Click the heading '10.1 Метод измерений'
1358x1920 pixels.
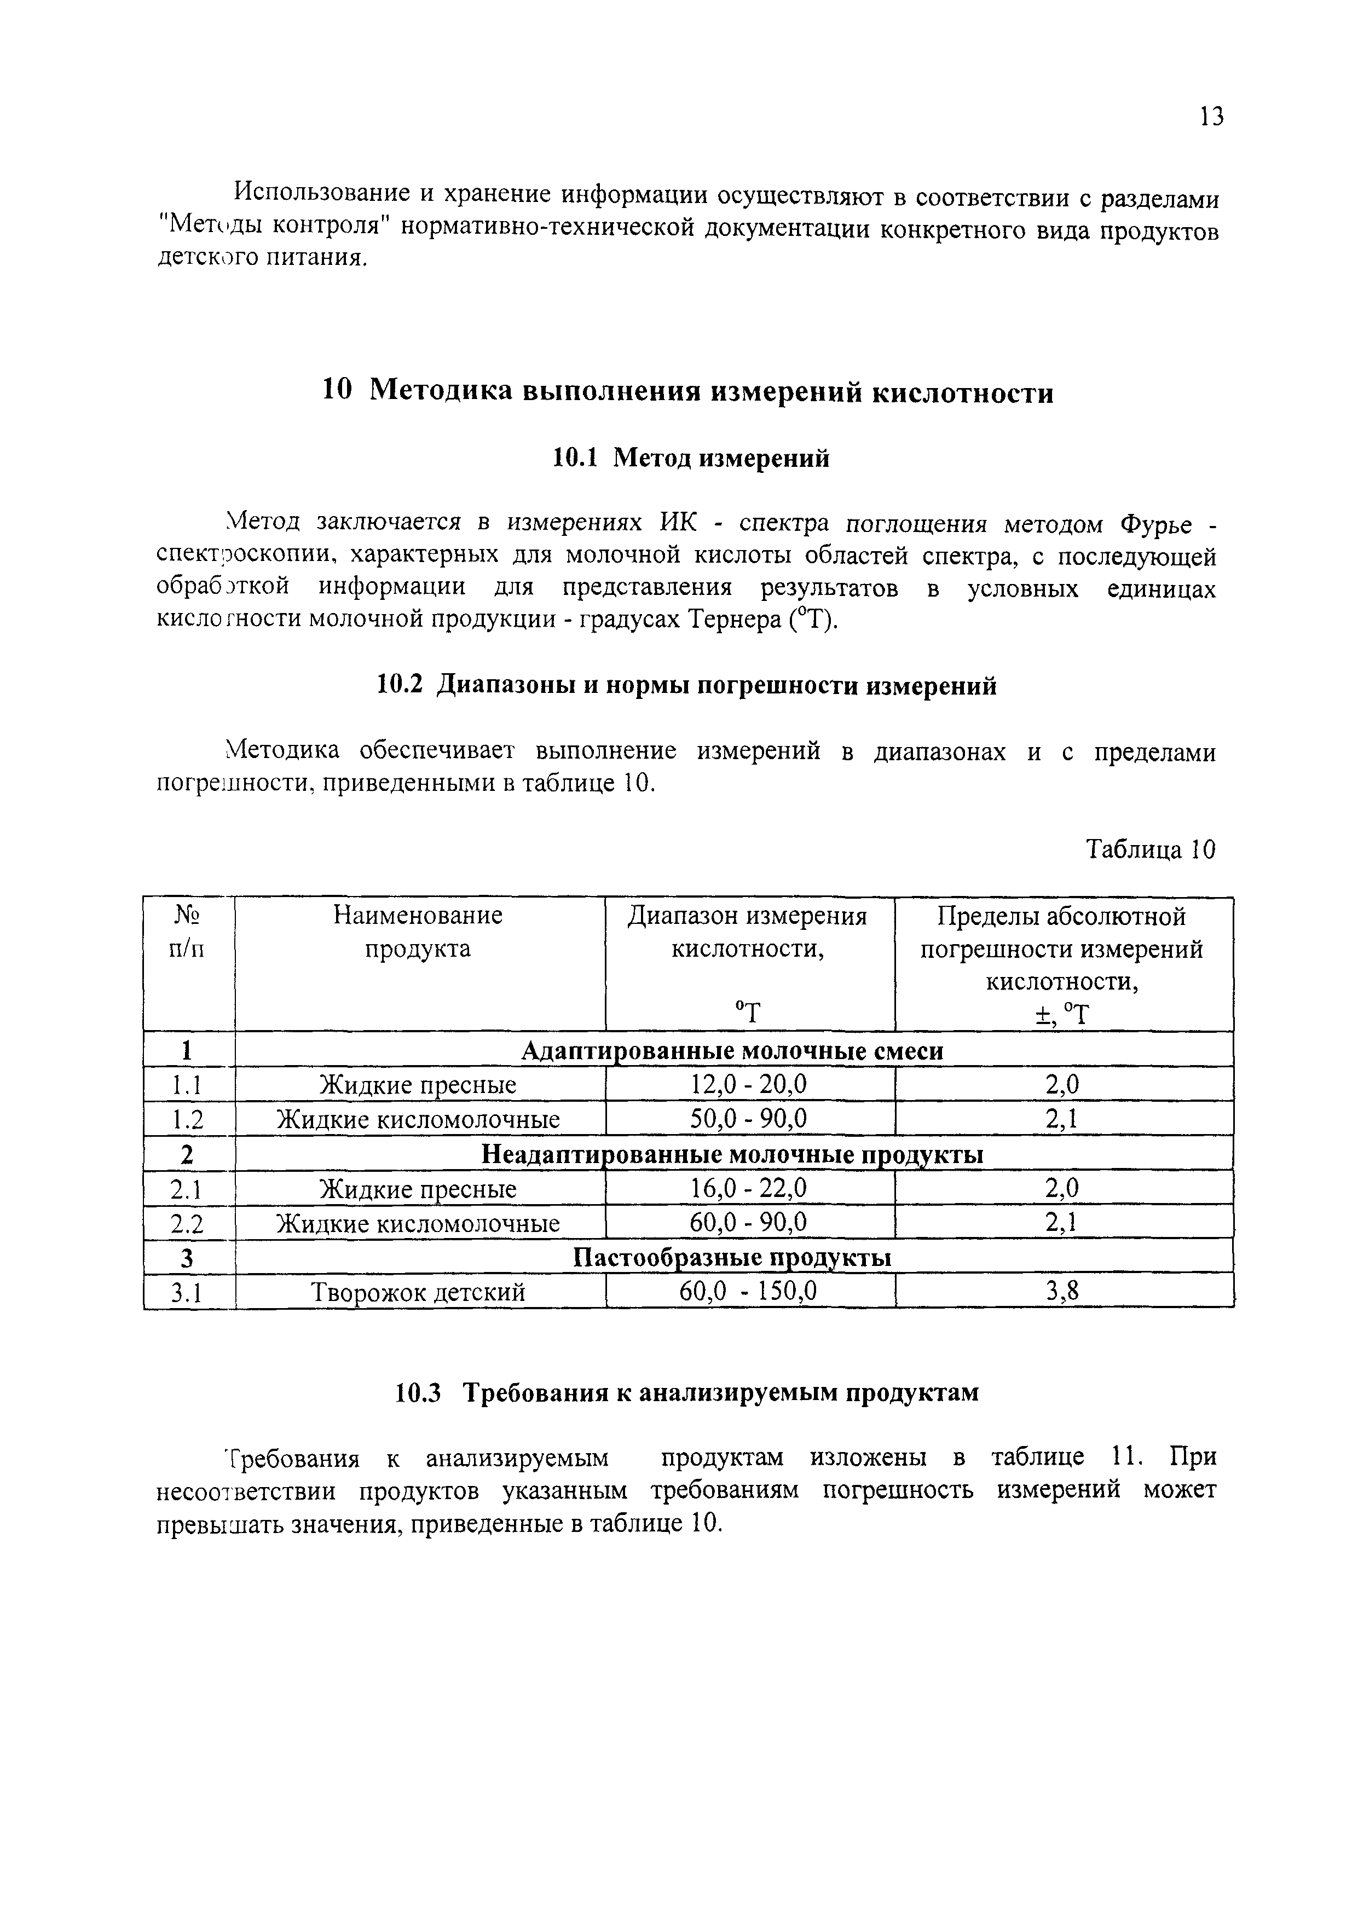point(691,458)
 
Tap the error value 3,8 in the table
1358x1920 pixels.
point(1063,1292)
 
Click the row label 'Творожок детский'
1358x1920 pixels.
point(418,1293)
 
